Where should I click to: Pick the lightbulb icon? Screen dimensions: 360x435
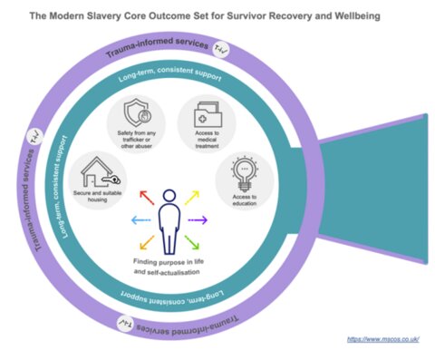tap(239, 172)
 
